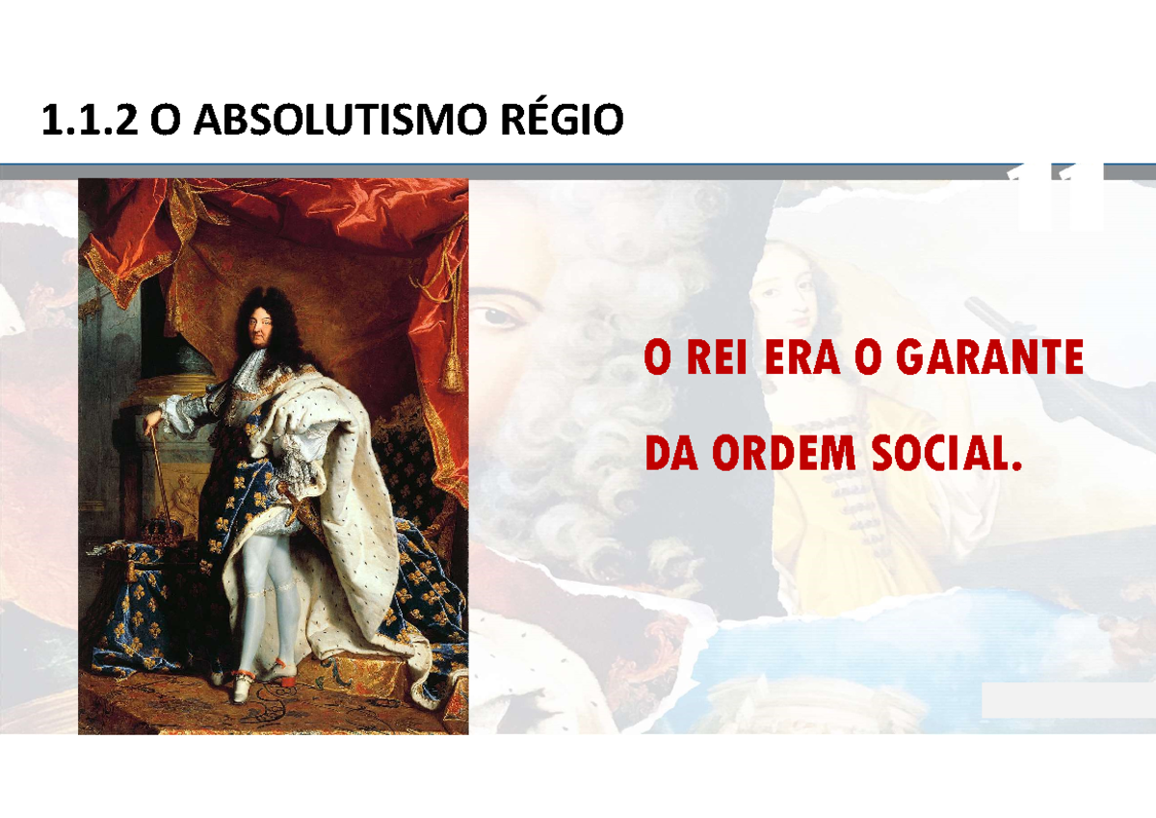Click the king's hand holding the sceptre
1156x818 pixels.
[151, 422]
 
